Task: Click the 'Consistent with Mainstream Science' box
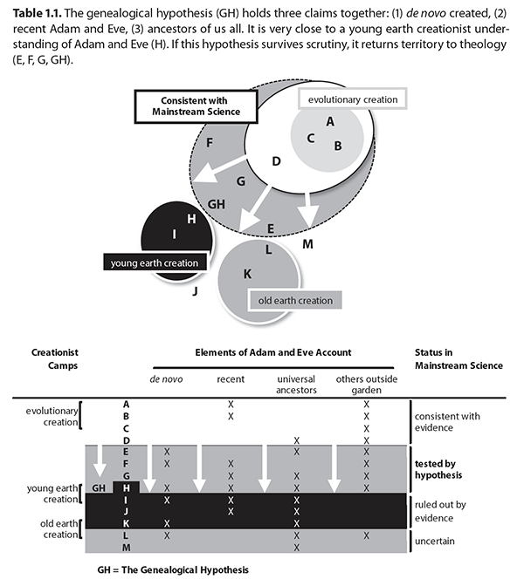[196, 106]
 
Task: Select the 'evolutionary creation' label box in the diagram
[353, 99]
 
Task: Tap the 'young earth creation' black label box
[155, 262]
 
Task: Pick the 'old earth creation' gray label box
[295, 301]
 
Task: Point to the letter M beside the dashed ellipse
[307, 244]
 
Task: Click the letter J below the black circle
[195, 290]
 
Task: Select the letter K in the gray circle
[247, 274]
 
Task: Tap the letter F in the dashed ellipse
[210, 142]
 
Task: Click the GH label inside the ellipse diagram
[217, 204]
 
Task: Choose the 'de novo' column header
[166, 379]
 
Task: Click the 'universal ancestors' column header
[296, 385]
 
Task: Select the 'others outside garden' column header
[367, 385]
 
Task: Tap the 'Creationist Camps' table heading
[55, 358]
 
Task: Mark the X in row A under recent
[231, 405]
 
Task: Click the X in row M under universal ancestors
[296, 548]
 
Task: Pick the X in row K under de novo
[167, 523]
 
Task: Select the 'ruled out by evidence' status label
[440, 511]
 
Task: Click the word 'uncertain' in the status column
[435, 541]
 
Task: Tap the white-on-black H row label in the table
[127, 487]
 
